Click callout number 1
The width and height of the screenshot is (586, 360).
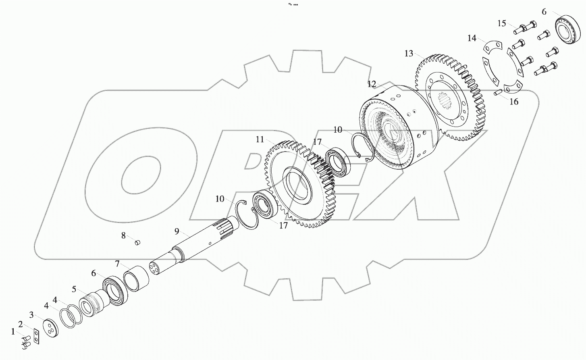[x=13, y=331]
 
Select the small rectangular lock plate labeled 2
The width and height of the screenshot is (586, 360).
[x=37, y=337]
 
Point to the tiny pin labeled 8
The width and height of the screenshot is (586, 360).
[x=137, y=242]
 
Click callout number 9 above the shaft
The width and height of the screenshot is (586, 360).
[x=177, y=231]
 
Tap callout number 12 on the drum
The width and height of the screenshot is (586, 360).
[x=371, y=84]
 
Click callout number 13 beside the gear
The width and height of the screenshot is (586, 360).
[x=409, y=53]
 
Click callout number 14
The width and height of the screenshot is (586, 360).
[x=472, y=38]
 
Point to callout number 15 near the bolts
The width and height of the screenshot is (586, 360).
[x=501, y=23]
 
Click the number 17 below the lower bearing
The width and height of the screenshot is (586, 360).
[x=283, y=225]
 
